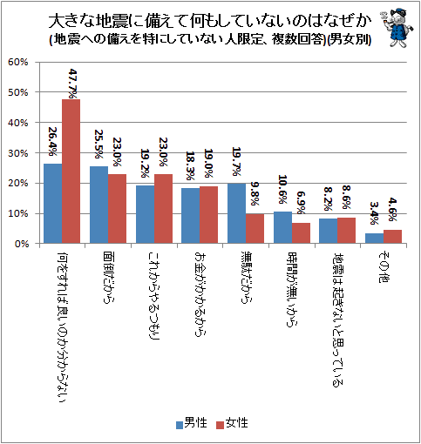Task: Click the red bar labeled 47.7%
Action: [x=71, y=172]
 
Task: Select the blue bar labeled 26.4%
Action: [x=53, y=204]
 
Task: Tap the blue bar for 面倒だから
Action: [x=98, y=205]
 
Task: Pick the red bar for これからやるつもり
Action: [x=163, y=209]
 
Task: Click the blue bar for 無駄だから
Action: [x=236, y=213]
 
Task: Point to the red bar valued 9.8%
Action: [x=255, y=228]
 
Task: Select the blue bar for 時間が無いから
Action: [x=282, y=227]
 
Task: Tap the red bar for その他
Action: [x=392, y=237]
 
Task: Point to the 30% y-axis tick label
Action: [x=18, y=153]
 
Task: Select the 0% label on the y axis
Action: [x=22, y=244]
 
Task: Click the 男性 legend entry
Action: [x=192, y=423]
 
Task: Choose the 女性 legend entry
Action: [x=233, y=423]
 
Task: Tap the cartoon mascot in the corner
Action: [x=397, y=28]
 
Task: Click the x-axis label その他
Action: [x=384, y=267]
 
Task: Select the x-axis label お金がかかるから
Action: [x=200, y=294]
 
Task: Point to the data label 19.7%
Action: [x=236, y=162]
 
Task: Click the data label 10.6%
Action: [x=282, y=189]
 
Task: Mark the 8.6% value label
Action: [x=346, y=198]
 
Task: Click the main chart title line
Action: [x=210, y=21]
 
